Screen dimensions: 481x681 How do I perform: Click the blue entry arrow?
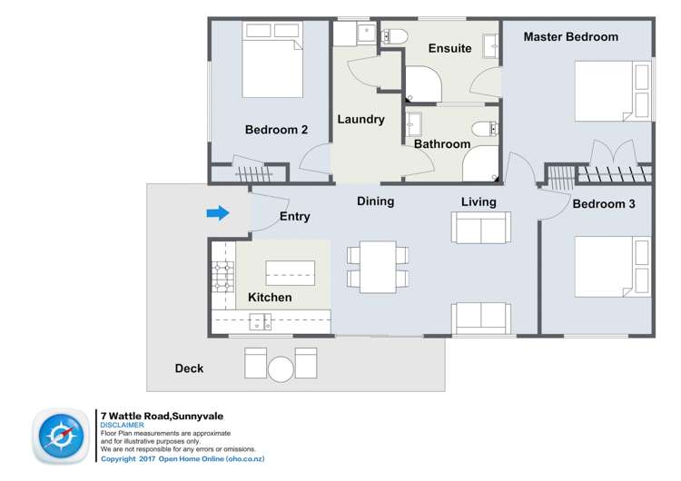click(x=217, y=213)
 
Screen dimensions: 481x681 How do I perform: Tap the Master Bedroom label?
click(x=570, y=37)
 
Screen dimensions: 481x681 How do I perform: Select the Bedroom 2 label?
click(x=276, y=130)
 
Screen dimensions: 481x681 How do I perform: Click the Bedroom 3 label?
click(x=604, y=204)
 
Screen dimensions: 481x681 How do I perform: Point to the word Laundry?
click(x=360, y=119)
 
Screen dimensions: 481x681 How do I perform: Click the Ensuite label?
click(x=449, y=48)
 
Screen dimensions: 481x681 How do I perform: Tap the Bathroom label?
click(x=442, y=143)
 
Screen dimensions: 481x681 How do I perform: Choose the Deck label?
click(x=189, y=368)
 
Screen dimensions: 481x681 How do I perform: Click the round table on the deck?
click(x=281, y=368)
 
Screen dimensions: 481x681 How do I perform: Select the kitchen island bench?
click(x=290, y=272)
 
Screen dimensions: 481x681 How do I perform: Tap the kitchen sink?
click(x=260, y=320)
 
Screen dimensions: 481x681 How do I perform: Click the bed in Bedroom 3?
click(x=612, y=266)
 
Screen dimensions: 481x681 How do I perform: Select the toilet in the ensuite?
click(x=395, y=36)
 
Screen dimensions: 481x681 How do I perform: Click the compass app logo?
click(x=62, y=436)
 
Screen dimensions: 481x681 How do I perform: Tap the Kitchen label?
click(x=270, y=298)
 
